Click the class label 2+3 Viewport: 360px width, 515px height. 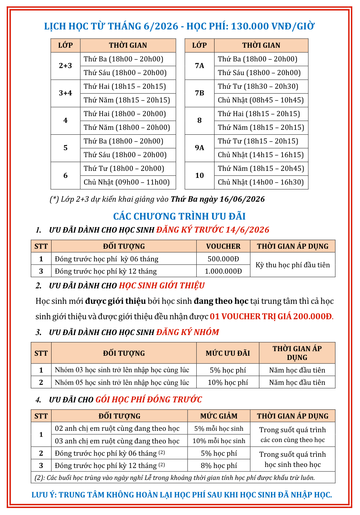point(66,66)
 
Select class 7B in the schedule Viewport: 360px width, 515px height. point(199,93)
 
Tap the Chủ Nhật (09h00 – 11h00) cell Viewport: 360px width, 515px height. point(127,182)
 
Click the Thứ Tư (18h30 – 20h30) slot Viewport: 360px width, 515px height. point(258,86)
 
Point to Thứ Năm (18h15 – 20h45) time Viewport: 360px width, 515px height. point(261,168)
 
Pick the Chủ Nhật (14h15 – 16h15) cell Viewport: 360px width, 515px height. point(261,155)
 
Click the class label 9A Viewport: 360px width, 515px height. point(199,148)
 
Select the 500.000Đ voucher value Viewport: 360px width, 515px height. point(223,259)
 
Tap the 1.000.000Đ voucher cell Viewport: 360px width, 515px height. point(223,271)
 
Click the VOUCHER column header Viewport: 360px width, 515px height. point(223,246)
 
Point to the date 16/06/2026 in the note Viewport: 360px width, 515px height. point(242,199)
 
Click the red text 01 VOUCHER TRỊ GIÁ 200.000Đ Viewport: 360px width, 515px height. point(271,316)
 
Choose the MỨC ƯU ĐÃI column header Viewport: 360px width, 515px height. point(228,353)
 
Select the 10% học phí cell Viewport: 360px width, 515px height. point(228,382)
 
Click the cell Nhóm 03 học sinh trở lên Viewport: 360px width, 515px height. point(122,370)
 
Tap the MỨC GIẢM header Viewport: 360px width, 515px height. point(219,416)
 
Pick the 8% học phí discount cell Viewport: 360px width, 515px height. point(219,466)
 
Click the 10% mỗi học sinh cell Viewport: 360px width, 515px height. point(219,441)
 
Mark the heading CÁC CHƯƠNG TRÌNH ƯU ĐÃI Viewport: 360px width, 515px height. point(179,216)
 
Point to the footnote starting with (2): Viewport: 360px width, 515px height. point(175,477)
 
